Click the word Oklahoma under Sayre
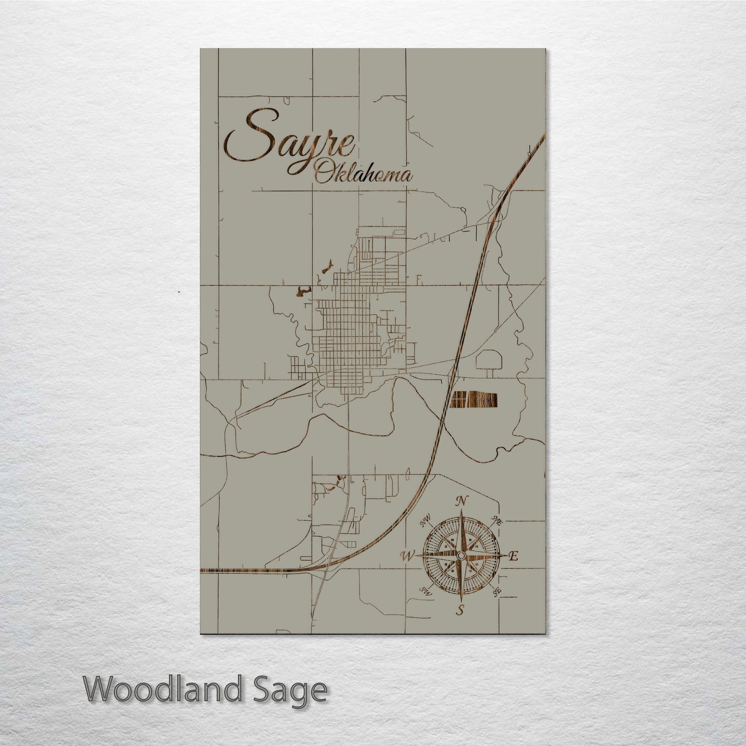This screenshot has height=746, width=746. tap(364, 174)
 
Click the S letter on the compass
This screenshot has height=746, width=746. tap(459, 611)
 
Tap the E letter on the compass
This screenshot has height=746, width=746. tap(513, 556)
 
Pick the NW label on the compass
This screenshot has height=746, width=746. tap(426, 523)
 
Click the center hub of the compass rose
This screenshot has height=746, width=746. tap(461, 555)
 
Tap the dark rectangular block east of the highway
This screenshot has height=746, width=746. tap(474, 399)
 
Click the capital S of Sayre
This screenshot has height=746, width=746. tap(243, 142)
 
